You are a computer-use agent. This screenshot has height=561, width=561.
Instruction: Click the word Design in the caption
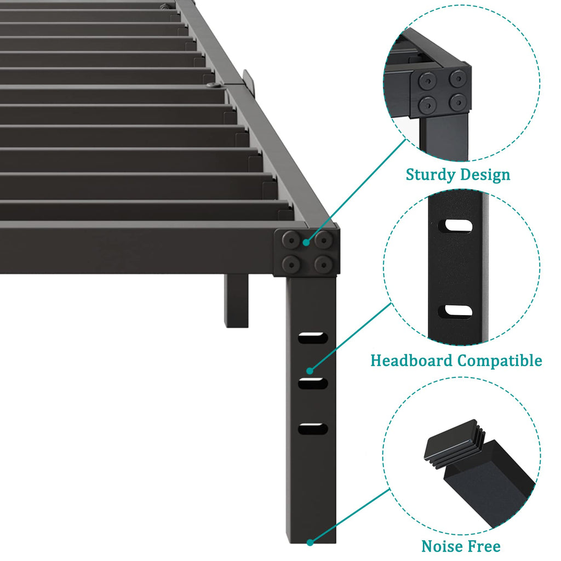click(x=485, y=174)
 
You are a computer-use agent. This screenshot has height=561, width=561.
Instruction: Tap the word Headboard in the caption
click(x=411, y=360)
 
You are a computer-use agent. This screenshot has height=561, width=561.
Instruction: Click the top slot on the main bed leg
click(x=313, y=337)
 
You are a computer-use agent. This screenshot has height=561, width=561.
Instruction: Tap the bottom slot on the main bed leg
click(x=313, y=428)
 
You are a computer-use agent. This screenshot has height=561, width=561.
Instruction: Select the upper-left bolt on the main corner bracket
click(x=291, y=240)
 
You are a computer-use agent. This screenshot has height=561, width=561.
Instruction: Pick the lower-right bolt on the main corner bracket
click(x=324, y=265)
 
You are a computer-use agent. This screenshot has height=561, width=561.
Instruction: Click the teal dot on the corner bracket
click(x=306, y=243)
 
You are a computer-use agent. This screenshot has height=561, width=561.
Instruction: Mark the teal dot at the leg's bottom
click(x=310, y=542)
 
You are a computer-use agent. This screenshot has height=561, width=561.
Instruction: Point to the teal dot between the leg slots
click(x=310, y=371)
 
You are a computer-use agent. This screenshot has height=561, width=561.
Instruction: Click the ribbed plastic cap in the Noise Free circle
click(x=454, y=442)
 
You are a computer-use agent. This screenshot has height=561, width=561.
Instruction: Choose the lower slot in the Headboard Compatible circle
click(x=455, y=312)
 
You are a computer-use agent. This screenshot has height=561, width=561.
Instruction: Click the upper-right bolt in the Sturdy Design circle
click(x=459, y=79)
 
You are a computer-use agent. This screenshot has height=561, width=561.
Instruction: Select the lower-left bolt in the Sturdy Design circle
click(x=427, y=105)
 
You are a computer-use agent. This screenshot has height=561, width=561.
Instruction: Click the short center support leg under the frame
click(x=236, y=301)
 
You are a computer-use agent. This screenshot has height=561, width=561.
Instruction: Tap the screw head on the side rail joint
click(x=214, y=85)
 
